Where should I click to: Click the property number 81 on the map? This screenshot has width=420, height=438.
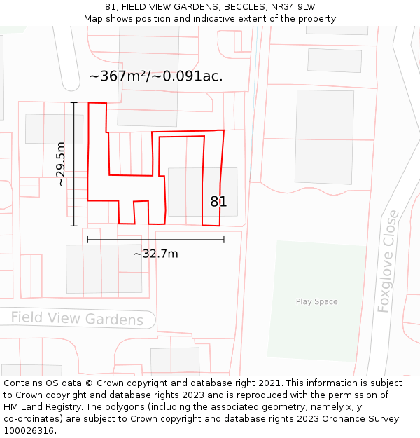(218, 202)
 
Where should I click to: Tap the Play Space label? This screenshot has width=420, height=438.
(316, 302)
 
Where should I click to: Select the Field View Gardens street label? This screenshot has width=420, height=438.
(77, 319)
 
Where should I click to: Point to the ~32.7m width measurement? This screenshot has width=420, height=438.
(155, 254)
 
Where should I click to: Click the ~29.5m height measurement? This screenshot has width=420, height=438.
(60, 163)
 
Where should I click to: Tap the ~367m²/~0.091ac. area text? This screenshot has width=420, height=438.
(156, 76)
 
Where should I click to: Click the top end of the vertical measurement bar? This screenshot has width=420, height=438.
(74, 102)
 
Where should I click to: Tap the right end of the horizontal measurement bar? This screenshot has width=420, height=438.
(224, 240)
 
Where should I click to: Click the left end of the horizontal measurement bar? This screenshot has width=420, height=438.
(87, 240)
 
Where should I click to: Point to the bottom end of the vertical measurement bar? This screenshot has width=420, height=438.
(74, 226)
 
